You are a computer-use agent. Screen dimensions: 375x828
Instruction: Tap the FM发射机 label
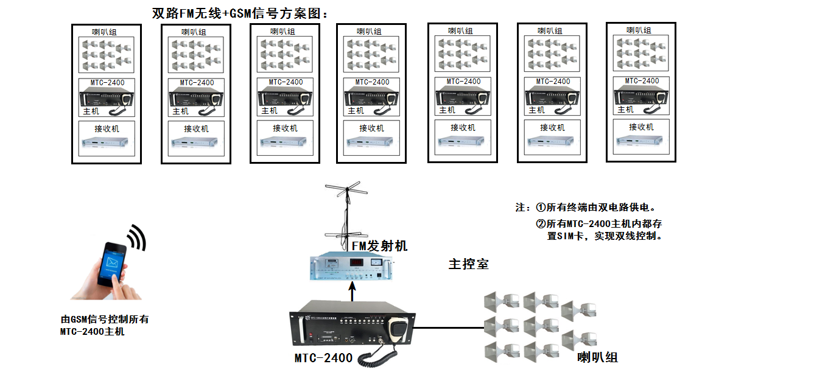click(x=379, y=245)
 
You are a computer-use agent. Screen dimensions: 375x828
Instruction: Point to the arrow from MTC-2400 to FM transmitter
click(x=351, y=291)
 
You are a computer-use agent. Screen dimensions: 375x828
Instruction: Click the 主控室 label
click(x=468, y=264)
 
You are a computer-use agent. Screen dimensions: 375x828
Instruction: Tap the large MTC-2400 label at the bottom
click(x=323, y=357)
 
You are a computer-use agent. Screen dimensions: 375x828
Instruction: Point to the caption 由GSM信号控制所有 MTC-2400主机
click(x=105, y=325)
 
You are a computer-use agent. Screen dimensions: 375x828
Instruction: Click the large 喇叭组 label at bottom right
click(x=597, y=356)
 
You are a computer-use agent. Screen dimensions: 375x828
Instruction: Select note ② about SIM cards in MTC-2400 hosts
click(x=598, y=230)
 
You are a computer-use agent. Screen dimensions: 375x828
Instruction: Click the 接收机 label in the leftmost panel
click(x=107, y=128)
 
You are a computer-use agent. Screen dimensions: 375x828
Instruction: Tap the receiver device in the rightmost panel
click(x=640, y=141)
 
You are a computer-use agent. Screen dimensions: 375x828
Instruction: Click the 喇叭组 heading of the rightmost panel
click(x=640, y=30)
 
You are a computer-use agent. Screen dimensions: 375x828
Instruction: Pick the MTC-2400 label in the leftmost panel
click(x=107, y=83)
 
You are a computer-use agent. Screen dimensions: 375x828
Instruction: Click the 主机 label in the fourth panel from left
click(x=356, y=111)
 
